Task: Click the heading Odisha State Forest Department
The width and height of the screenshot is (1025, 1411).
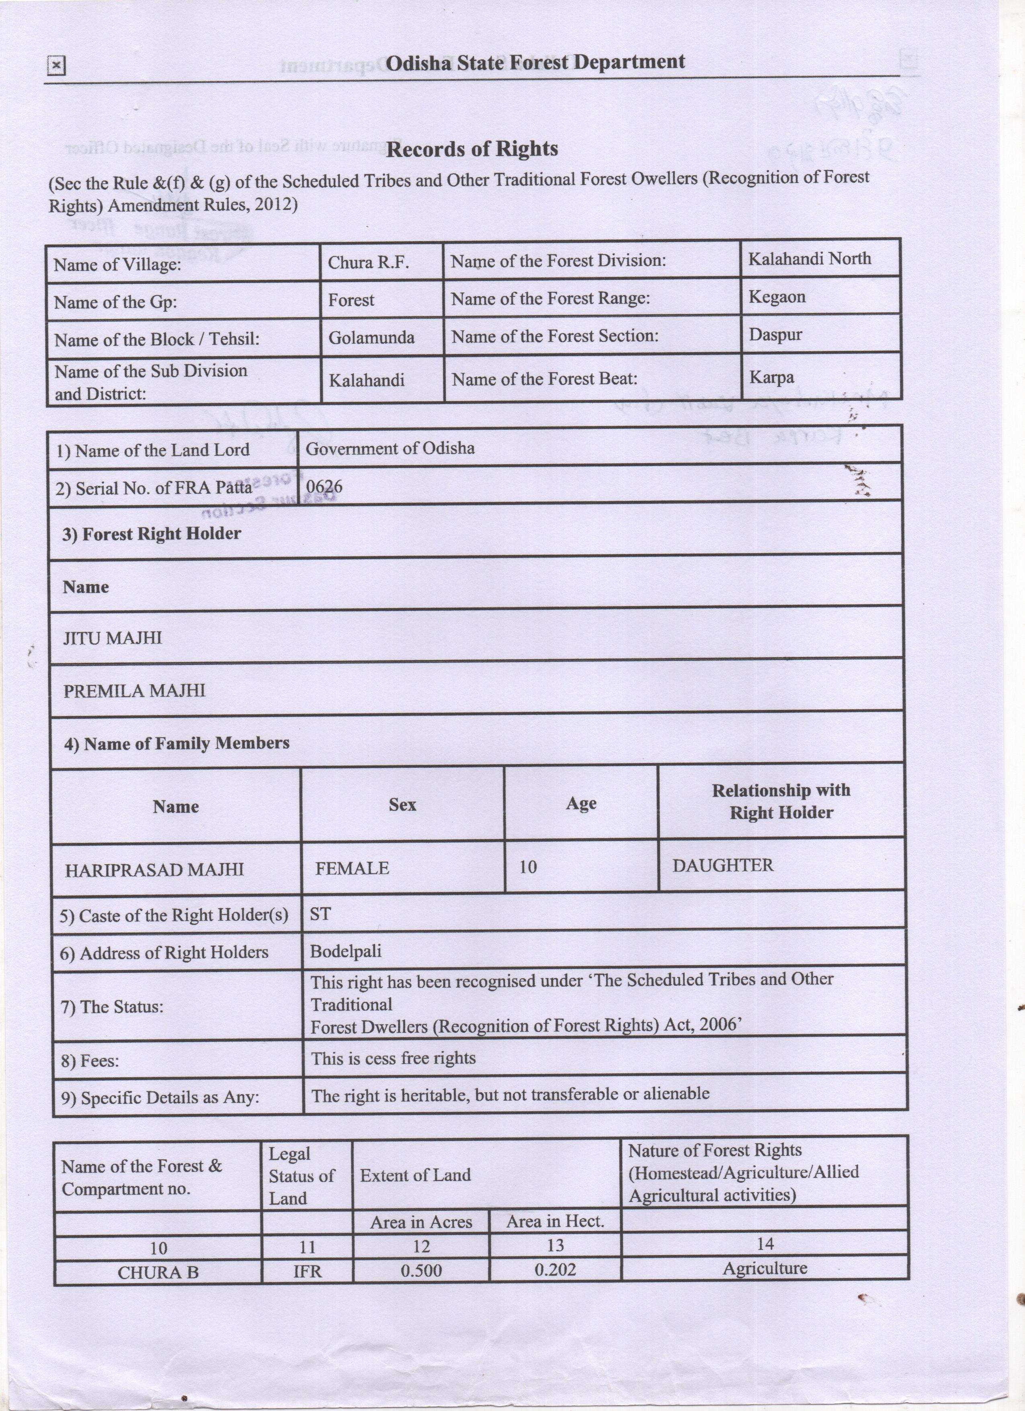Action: tap(535, 63)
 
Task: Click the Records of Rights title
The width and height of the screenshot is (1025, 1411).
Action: tap(472, 149)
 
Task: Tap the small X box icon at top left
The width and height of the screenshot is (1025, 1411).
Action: tap(56, 65)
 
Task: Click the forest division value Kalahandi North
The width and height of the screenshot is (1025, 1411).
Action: tap(809, 259)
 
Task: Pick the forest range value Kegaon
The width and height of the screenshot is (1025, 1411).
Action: tap(777, 297)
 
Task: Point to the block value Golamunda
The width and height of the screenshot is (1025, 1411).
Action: tap(371, 338)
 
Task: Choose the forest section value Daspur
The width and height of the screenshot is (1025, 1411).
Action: tap(775, 335)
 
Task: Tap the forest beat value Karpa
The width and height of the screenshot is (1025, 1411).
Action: tap(771, 377)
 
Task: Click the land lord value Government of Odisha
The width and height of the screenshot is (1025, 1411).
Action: tap(390, 449)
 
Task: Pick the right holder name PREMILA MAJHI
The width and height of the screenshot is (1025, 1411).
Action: tap(134, 691)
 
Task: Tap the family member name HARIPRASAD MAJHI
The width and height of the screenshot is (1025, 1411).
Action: tap(154, 869)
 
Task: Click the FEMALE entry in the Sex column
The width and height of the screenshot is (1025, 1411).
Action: tap(352, 868)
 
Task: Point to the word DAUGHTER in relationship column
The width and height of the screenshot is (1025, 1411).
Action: tap(723, 865)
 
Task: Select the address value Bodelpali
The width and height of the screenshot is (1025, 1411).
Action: tap(346, 951)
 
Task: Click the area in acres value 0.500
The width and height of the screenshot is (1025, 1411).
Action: tap(421, 1270)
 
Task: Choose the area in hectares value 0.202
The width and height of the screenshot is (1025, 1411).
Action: tap(555, 1270)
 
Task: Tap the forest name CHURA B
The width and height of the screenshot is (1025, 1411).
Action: tap(158, 1272)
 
